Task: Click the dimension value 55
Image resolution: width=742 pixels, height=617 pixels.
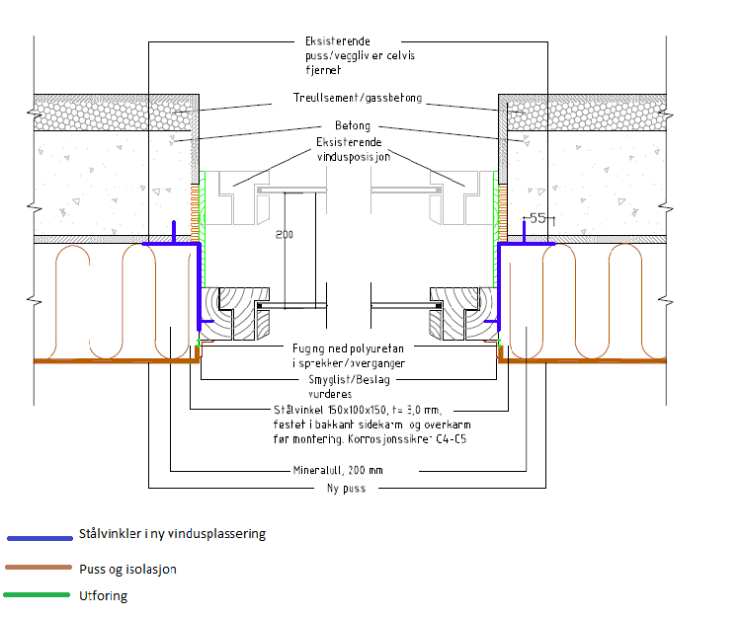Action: point(537,218)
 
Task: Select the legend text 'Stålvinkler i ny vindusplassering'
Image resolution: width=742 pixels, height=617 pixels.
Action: point(172,534)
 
